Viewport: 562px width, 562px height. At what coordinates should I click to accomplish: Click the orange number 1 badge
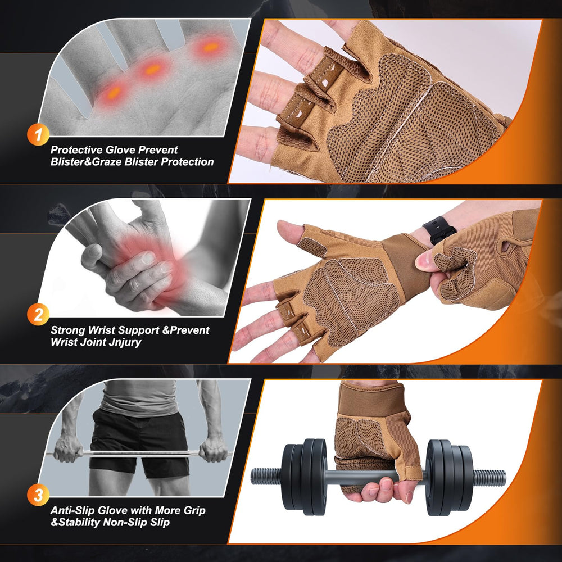click(38, 134)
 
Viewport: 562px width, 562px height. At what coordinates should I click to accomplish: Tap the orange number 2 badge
click(38, 315)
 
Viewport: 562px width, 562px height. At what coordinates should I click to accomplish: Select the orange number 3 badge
click(38, 495)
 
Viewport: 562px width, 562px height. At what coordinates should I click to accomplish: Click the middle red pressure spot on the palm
click(153, 69)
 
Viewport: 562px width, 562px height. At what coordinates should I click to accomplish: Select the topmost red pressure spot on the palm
click(211, 47)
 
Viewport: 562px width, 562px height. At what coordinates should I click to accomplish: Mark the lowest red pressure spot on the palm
click(114, 93)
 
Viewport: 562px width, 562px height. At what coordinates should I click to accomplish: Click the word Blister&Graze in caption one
click(86, 162)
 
